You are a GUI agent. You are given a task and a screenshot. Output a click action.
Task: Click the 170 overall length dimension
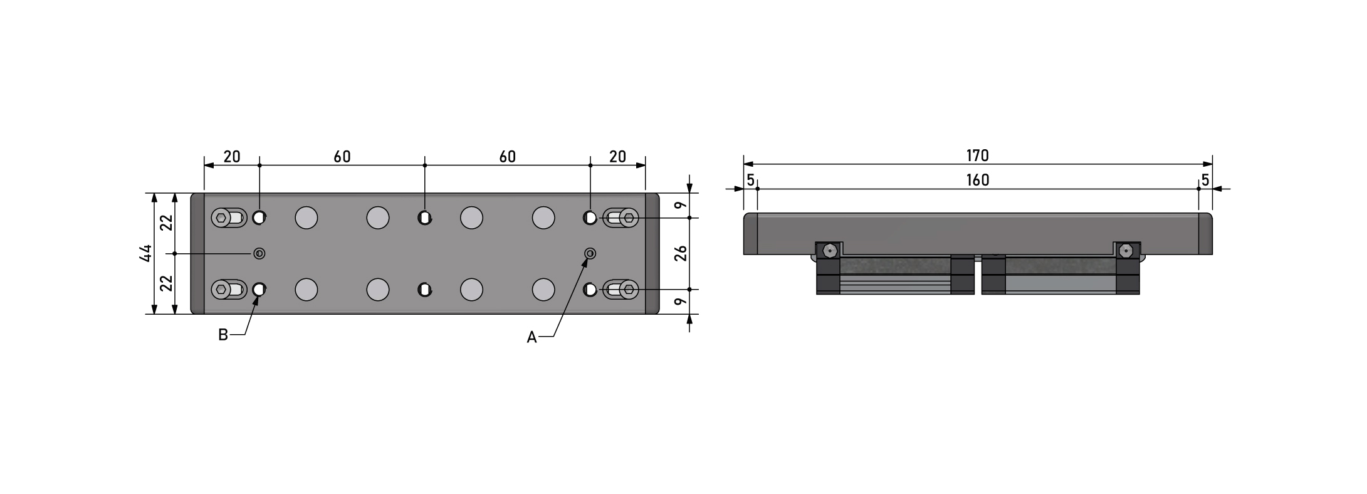pos(977,155)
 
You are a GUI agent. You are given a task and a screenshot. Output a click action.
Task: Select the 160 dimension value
pos(977,181)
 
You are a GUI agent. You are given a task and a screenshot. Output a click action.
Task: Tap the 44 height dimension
pos(145,253)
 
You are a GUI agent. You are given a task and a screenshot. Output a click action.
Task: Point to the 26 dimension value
pos(681,253)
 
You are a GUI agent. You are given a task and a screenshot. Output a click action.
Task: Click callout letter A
pos(532,338)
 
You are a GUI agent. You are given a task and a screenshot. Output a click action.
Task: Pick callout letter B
pos(223,335)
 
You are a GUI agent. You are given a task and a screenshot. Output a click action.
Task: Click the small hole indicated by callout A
pos(589,253)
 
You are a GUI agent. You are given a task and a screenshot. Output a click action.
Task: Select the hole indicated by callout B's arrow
pos(259,290)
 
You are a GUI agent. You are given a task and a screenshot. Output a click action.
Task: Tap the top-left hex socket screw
pos(221,218)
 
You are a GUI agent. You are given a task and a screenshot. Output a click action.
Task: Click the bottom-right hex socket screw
pos(629,290)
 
